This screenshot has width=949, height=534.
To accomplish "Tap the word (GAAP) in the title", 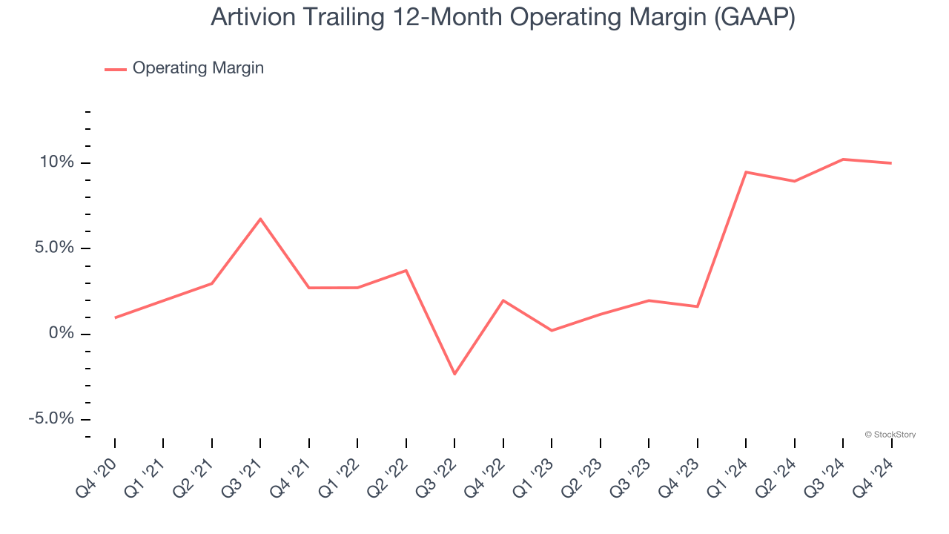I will click(x=755, y=17).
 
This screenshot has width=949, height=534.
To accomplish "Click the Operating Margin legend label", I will click(x=198, y=68).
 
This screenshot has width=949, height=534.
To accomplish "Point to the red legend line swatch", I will click(x=116, y=69).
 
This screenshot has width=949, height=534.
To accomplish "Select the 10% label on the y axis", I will click(x=57, y=162).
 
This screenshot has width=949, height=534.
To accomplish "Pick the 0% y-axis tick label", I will click(x=63, y=334).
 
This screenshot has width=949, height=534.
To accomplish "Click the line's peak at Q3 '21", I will click(x=260, y=219).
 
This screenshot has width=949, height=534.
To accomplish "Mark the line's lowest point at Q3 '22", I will click(x=454, y=374).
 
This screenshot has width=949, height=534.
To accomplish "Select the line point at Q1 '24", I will click(x=746, y=172).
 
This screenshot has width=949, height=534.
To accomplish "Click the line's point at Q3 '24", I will click(x=843, y=159).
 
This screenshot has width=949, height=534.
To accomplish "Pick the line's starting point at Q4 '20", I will click(x=115, y=317).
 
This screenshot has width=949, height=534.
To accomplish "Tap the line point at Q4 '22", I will click(x=503, y=300).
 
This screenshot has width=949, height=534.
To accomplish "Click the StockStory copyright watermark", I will click(x=890, y=435).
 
